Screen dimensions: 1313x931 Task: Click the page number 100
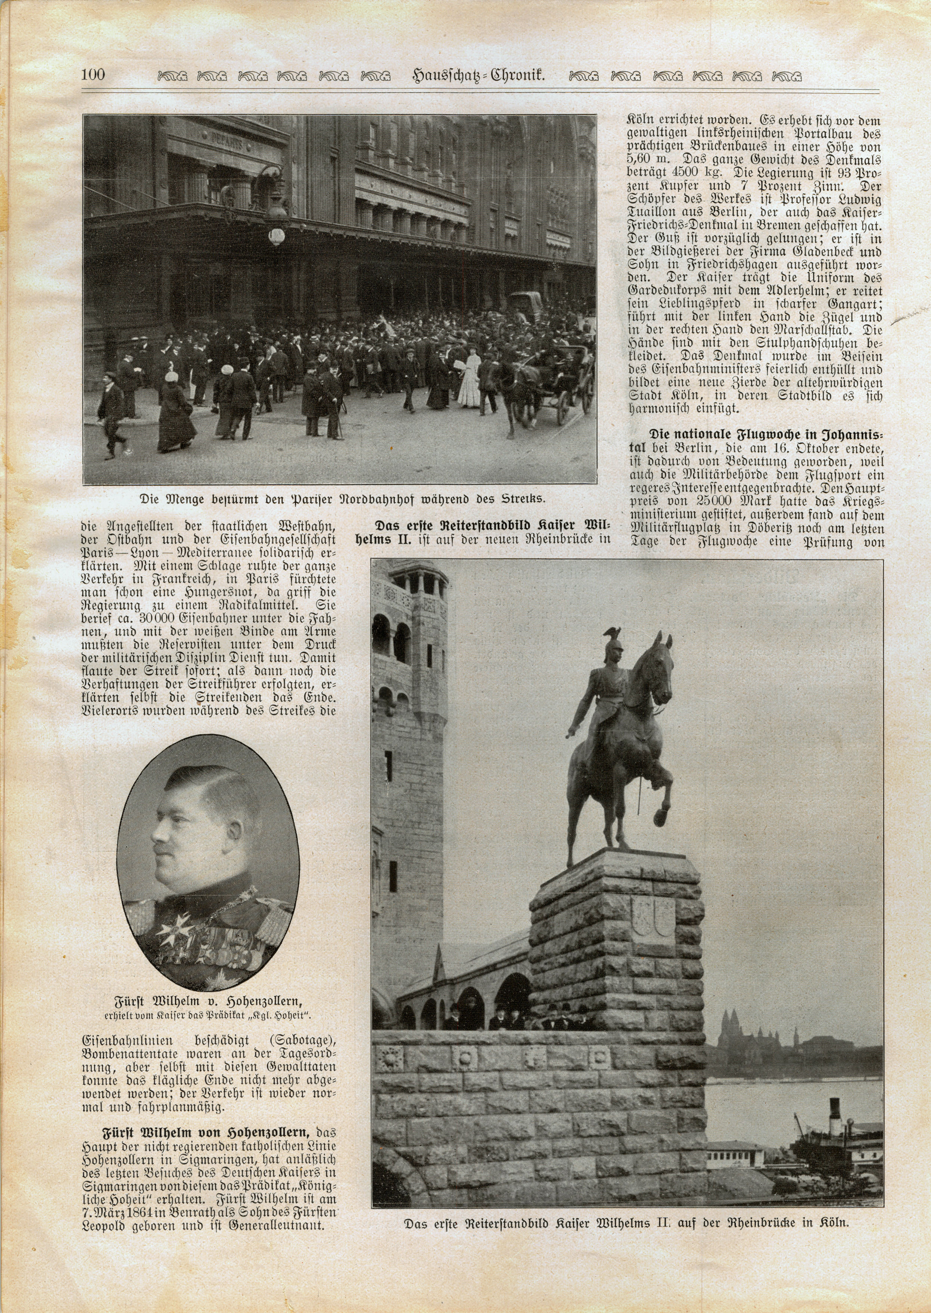[93, 75]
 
